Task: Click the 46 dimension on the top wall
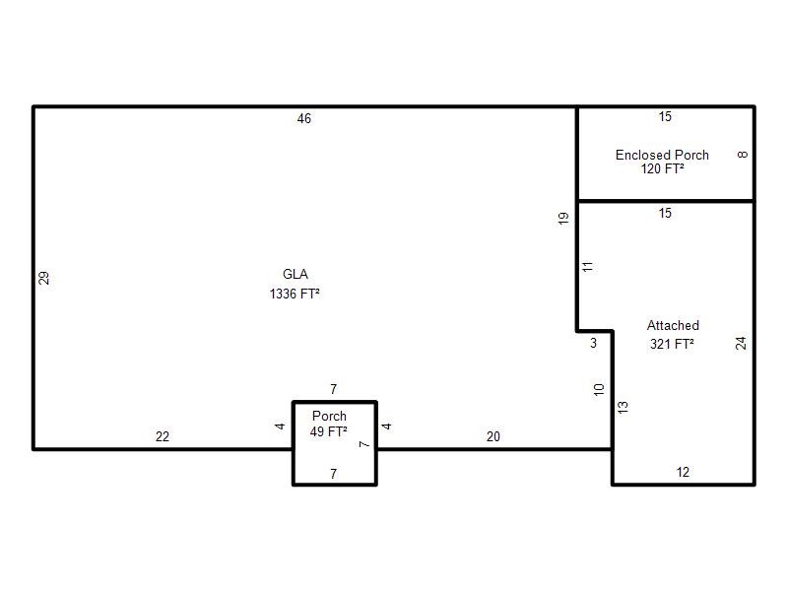click(x=304, y=118)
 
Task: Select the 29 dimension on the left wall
click(x=43, y=278)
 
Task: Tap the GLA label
click(x=295, y=274)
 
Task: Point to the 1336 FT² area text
click(x=295, y=294)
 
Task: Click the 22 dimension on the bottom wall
click(x=163, y=436)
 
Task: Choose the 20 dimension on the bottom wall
click(x=493, y=436)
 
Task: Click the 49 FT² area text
click(x=329, y=431)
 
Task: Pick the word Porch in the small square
click(x=329, y=416)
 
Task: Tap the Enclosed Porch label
click(x=662, y=155)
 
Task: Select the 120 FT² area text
click(x=662, y=168)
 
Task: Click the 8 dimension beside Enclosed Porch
click(x=743, y=155)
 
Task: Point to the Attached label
click(x=673, y=326)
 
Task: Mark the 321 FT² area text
click(x=672, y=344)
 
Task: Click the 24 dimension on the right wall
click(x=741, y=343)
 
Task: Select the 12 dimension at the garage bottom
click(x=683, y=473)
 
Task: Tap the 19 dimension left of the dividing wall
click(x=562, y=218)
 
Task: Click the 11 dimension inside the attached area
click(x=587, y=266)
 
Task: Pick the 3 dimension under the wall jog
click(x=594, y=343)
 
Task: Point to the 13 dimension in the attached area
click(x=623, y=407)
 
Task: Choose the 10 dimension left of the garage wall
click(x=599, y=389)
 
